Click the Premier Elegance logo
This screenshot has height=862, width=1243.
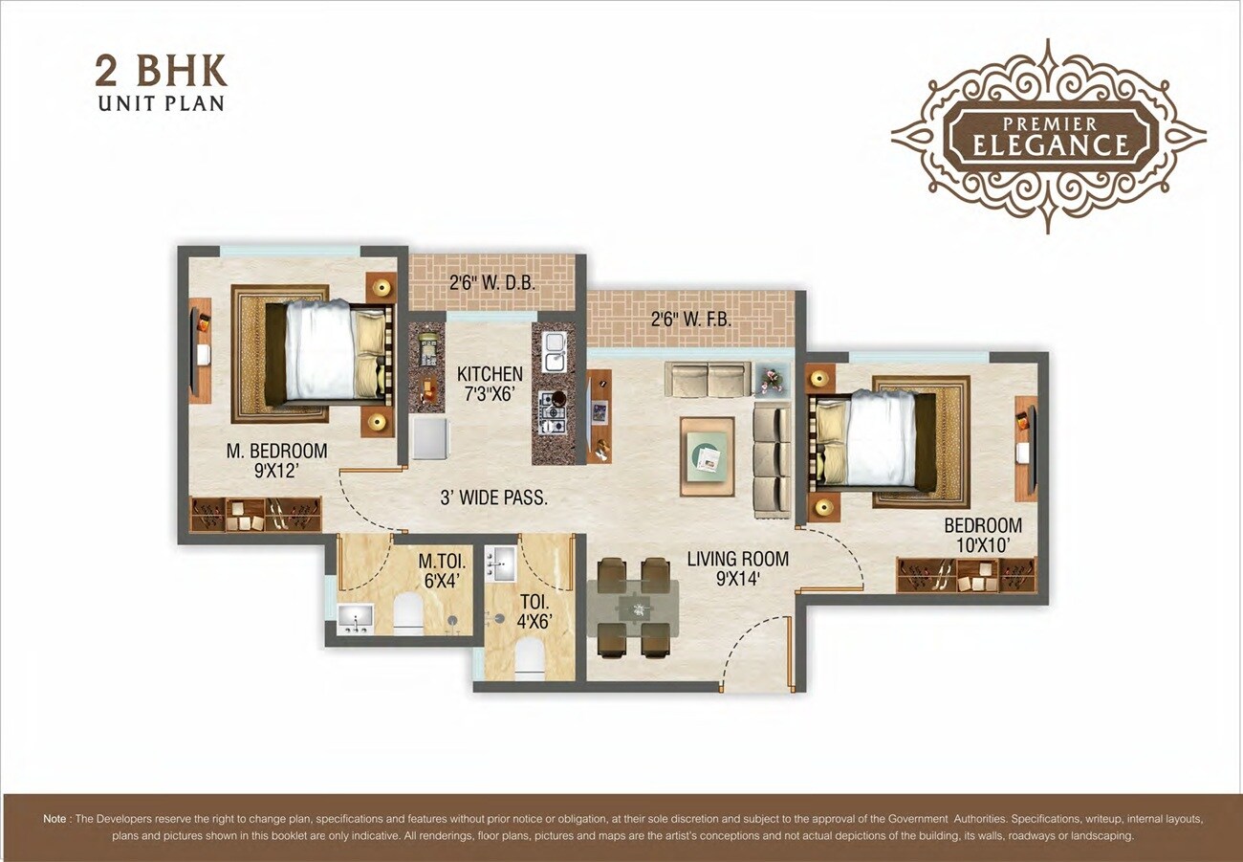click(x=1048, y=136)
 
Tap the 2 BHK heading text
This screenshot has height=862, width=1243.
click(x=161, y=73)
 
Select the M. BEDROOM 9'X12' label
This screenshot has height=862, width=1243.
click(x=277, y=459)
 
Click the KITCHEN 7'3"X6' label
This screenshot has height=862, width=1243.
click(x=490, y=383)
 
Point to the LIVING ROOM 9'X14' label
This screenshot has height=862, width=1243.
click(x=737, y=567)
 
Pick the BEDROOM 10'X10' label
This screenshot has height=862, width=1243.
click(x=982, y=535)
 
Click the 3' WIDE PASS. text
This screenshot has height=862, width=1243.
click(x=493, y=498)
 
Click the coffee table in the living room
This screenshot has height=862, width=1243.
click(x=707, y=456)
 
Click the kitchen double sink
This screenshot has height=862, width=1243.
click(x=554, y=352)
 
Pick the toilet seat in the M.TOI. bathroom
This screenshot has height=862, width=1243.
click(x=408, y=613)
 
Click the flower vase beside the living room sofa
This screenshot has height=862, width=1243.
click(x=771, y=380)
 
